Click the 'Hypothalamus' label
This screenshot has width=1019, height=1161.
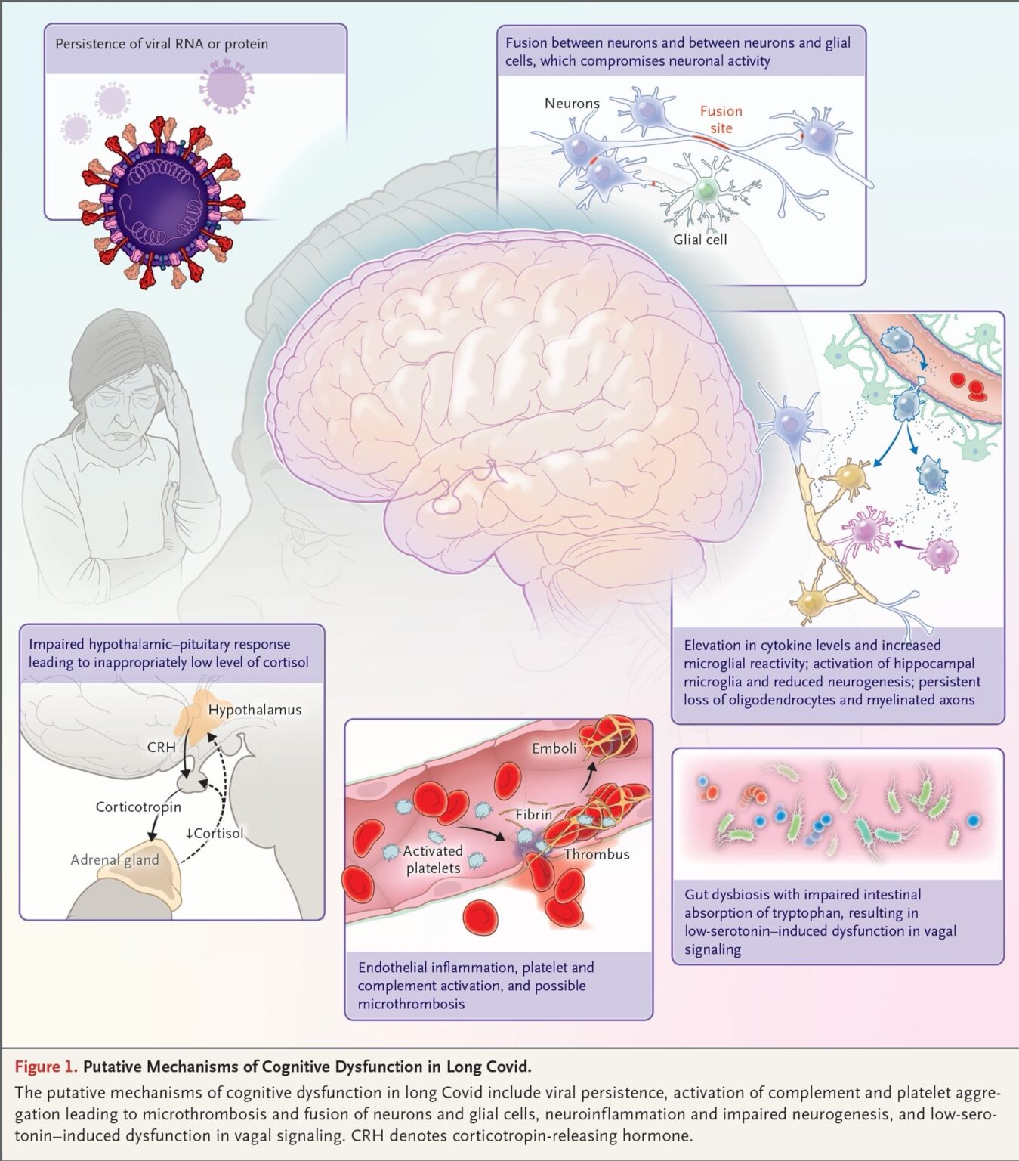pyautogui.click(x=255, y=710)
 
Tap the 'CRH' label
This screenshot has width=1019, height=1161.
pyautogui.click(x=161, y=748)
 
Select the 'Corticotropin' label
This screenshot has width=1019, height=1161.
pyautogui.click(x=138, y=807)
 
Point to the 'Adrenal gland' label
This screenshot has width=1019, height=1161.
pyautogui.click(x=115, y=859)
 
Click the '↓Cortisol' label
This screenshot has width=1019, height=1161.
pyautogui.click(x=215, y=833)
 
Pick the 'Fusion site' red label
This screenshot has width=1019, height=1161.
pyautogui.click(x=721, y=119)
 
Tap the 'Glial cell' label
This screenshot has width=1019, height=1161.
pyautogui.click(x=699, y=240)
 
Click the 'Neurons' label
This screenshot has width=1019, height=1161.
pyautogui.click(x=572, y=104)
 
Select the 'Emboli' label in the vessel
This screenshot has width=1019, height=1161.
pyautogui.click(x=554, y=748)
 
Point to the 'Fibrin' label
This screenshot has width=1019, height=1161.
pyautogui.click(x=534, y=815)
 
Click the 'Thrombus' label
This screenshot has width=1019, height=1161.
pyautogui.click(x=596, y=854)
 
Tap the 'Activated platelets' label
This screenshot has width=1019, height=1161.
pyautogui.click(x=433, y=859)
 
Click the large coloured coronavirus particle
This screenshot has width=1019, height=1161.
pyautogui.click(x=162, y=203)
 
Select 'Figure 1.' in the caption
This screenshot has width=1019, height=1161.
pyautogui.click(x=46, y=1067)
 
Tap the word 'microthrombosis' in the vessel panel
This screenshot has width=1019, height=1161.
pyautogui.click(x=411, y=1004)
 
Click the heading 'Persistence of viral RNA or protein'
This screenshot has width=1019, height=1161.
pyautogui.click(x=162, y=44)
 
